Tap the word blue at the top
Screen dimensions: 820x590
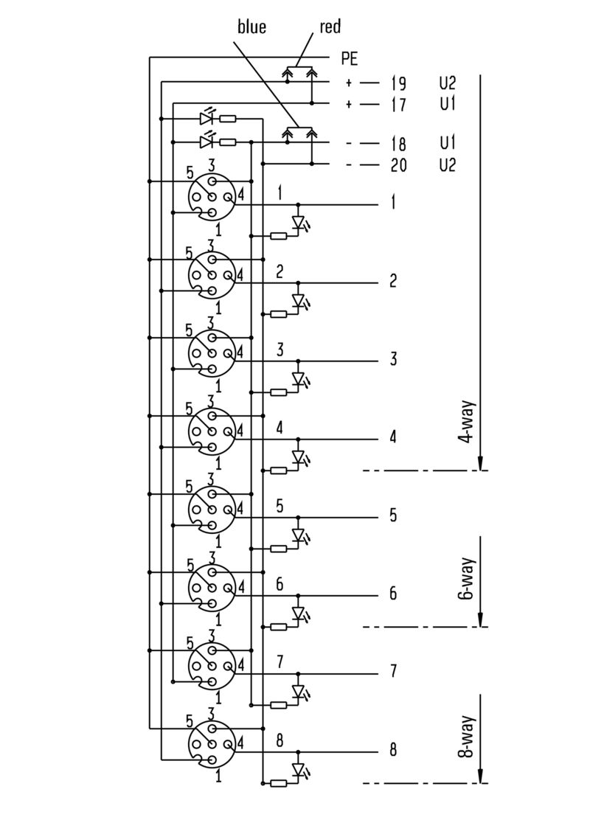[251, 28]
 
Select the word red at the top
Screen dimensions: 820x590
[330, 27]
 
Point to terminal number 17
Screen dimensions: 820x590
[398, 105]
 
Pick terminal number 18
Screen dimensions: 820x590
[398, 143]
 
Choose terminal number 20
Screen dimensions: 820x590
[398, 164]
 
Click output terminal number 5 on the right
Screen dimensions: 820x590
[393, 515]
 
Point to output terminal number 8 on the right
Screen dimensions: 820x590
[393, 750]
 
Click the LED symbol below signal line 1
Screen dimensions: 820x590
[299, 222]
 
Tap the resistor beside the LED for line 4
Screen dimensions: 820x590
[279, 470]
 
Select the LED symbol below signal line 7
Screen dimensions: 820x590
[299, 692]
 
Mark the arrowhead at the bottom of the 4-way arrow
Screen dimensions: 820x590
[480, 462]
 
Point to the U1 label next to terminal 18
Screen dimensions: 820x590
[447, 142]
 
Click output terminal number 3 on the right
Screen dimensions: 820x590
[393, 359]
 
